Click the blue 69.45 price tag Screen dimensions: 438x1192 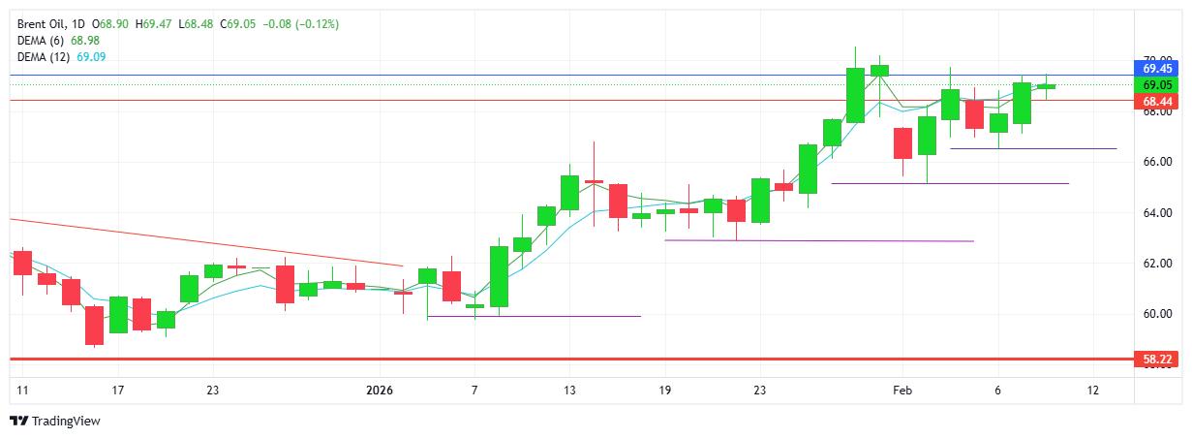pos(1158,69)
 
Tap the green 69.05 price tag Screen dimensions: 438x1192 pos(1158,85)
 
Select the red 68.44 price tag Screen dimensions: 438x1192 pos(1158,101)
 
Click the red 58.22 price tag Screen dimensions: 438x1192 pos(1158,360)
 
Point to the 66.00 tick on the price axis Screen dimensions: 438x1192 pos(1156,162)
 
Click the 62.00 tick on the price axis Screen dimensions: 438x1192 pos(1156,264)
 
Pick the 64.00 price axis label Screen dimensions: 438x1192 pos(1156,213)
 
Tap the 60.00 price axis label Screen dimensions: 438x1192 pos(1156,314)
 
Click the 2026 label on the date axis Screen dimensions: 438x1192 pos(380,391)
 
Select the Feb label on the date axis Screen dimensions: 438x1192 pos(902,391)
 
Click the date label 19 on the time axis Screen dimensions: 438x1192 pos(664,391)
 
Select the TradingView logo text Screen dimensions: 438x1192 pos(66,422)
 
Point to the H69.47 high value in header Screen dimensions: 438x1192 pos(155,23)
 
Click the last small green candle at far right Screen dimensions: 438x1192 pos(1046,86)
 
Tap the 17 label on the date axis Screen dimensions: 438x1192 pos(118,391)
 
